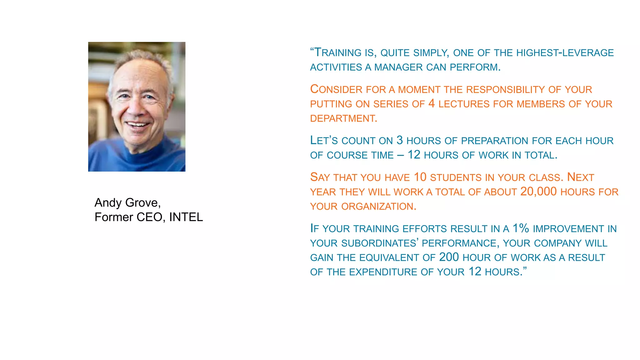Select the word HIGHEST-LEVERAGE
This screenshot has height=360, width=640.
pyautogui.click(x=565, y=52)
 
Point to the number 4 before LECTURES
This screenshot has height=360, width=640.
pyautogui.click(x=432, y=103)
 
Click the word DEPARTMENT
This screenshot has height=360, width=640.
pyautogui.click(x=343, y=118)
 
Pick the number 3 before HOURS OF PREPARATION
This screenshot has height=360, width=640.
pyautogui.click(x=400, y=140)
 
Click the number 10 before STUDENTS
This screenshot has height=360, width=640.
pyautogui.click(x=420, y=177)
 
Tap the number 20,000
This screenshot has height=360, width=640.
pyautogui.click(x=538, y=192)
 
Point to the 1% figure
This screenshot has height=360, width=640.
pyautogui.click(x=521, y=228)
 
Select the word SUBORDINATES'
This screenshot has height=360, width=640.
pyautogui.click(x=380, y=243)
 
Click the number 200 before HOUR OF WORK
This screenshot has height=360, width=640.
pyautogui.click(x=449, y=257)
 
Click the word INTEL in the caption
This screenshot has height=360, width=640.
pyautogui.click(x=186, y=217)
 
